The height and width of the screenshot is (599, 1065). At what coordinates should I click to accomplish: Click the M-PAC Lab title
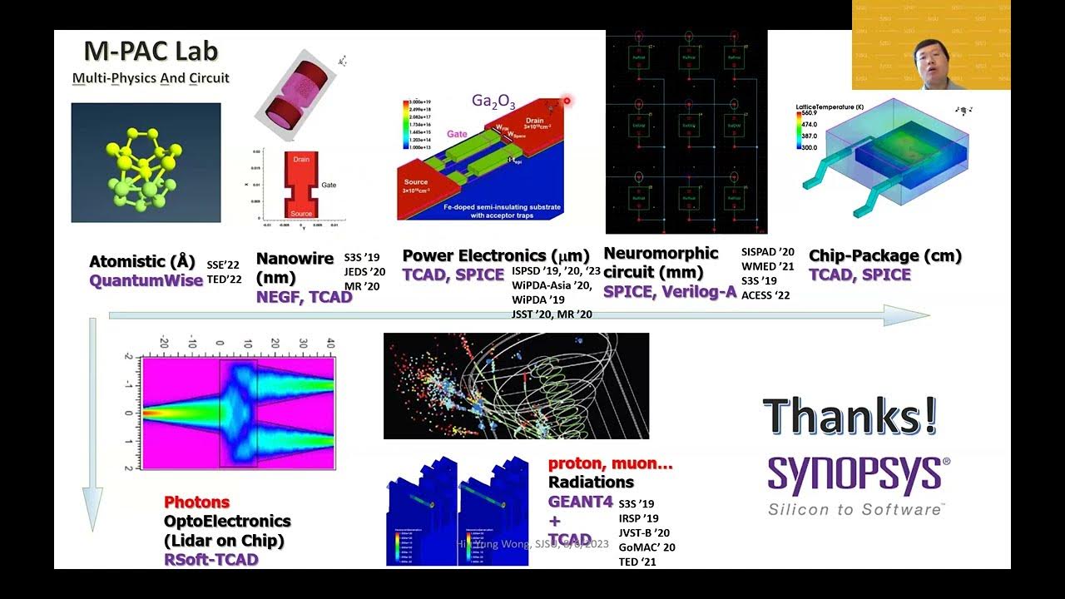151,52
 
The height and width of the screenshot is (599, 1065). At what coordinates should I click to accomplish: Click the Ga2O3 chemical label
493,102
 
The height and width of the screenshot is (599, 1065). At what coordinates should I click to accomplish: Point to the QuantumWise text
146,280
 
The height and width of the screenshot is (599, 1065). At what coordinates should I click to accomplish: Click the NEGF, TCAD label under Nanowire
304,296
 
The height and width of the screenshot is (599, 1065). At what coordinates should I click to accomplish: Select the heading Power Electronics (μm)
496,255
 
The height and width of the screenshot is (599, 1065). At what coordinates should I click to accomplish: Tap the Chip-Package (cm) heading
884,256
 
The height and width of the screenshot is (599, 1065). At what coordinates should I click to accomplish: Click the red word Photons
196,502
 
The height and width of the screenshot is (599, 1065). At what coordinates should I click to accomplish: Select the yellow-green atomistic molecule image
146,163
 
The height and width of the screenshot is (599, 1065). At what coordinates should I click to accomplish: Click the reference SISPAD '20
767,252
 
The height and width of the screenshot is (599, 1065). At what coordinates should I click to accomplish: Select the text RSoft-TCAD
211,560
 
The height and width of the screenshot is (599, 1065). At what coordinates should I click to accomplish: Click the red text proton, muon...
610,463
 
